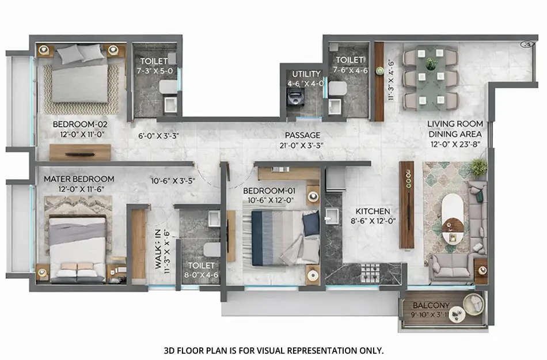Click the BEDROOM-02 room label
point(80,124)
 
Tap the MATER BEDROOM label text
point(79,179)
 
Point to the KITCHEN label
point(373,211)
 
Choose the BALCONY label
point(426,306)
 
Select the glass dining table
point(431,78)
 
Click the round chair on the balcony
point(474,303)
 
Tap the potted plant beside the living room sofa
point(478,168)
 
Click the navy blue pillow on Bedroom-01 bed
point(311,224)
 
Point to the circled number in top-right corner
point(525,44)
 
